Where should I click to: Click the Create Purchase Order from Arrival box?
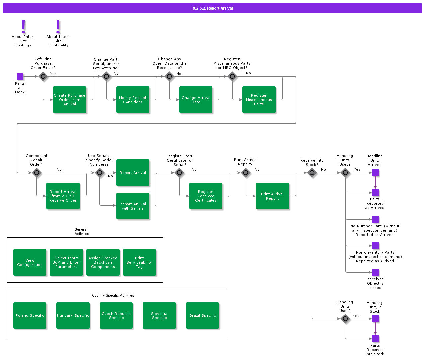pyautogui.click(x=70, y=100)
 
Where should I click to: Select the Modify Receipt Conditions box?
pyautogui.click(x=133, y=100)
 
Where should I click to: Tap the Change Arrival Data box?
pyautogui.click(x=196, y=100)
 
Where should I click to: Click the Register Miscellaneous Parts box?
pyautogui.click(x=259, y=100)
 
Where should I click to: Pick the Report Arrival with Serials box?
pyautogui.click(x=133, y=206)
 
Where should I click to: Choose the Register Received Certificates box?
pyautogui.click(x=206, y=196)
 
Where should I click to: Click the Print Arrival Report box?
pyautogui.click(x=272, y=196)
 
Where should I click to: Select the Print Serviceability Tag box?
pyautogui.click(x=139, y=262)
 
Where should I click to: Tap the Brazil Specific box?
pyautogui.click(x=203, y=315)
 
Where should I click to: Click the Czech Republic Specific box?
pyautogui.click(x=116, y=315)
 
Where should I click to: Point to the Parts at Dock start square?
pyautogui.click(x=20, y=76)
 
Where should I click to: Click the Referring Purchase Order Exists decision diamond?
pyautogui.click(x=43, y=76)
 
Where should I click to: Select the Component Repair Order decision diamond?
pyautogui.click(x=37, y=173)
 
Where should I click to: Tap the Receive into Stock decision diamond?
pyautogui.click(x=312, y=173)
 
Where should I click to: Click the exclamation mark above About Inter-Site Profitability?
pyautogui.click(x=58, y=26)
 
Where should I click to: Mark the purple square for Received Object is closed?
pyautogui.click(x=375, y=272)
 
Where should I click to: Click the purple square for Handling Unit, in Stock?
pyautogui.click(x=375, y=319)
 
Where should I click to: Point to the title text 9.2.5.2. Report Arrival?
pyautogui.click(x=213, y=8)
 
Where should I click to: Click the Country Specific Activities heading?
pyautogui.click(x=113, y=295)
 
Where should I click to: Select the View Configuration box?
pyautogui.click(x=30, y=262)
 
